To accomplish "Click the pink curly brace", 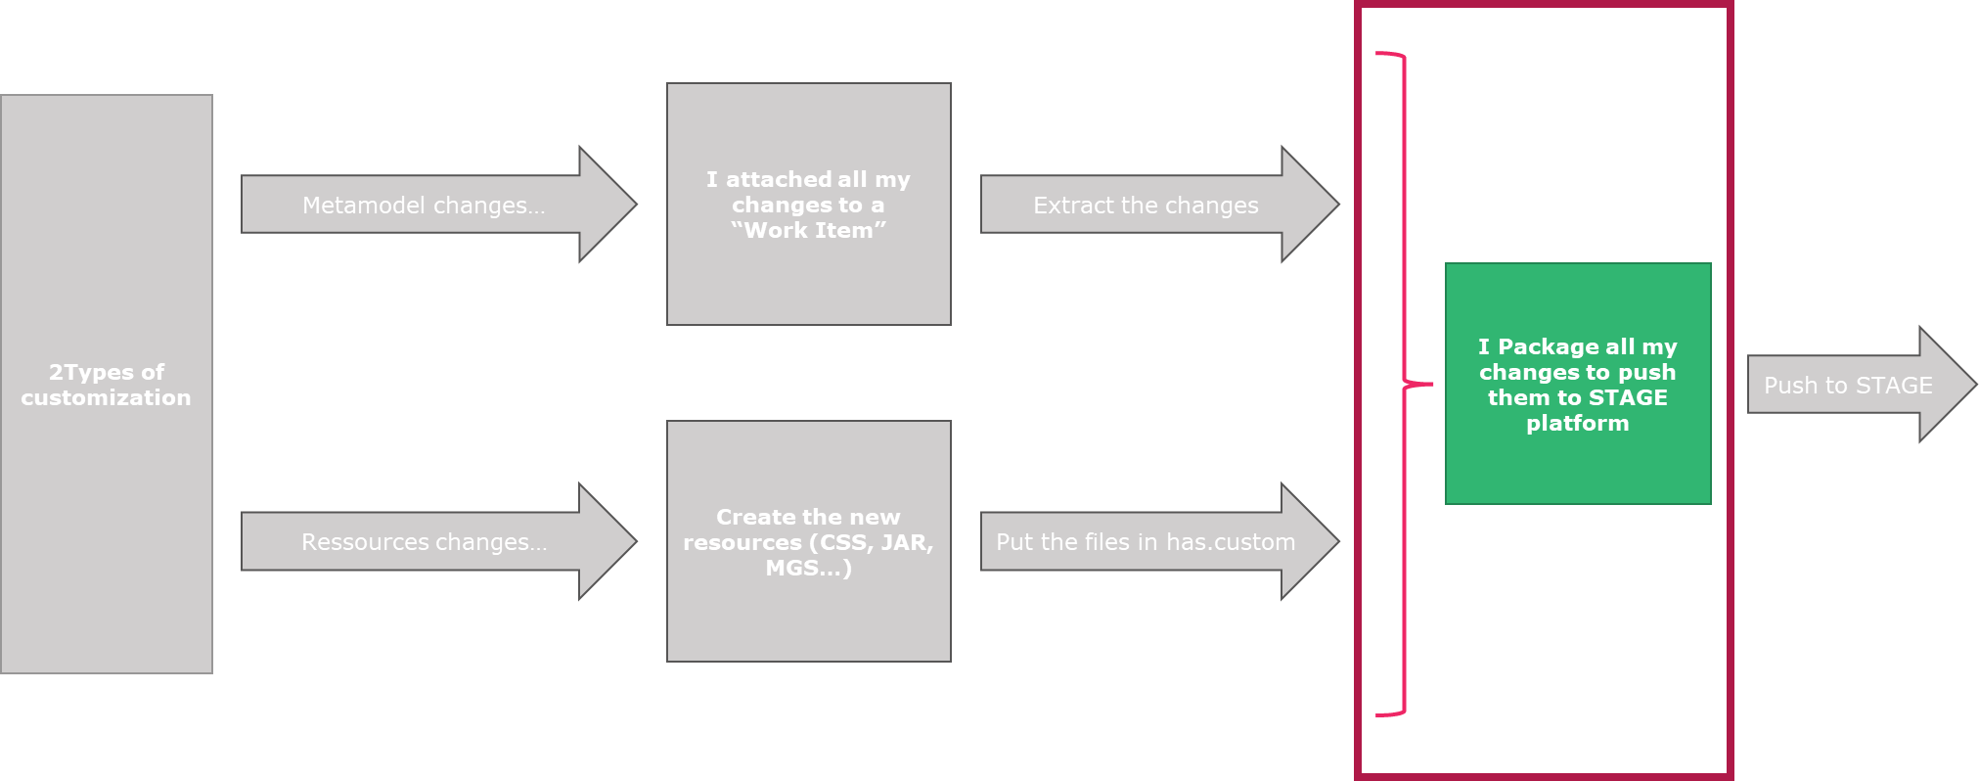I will (1405, 384).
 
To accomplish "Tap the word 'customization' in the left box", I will (106, 398).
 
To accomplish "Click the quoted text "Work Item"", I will (808, 231).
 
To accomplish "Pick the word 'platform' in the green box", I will (1577, 424).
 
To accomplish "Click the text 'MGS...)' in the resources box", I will (808, 569).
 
